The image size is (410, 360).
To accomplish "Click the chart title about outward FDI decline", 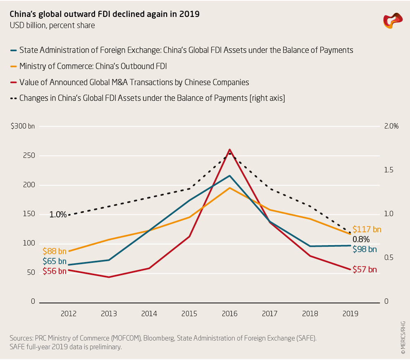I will click(x=105, y=14).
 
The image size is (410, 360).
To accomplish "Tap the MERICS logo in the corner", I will click(x=392, y=21).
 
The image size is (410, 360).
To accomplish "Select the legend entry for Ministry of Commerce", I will click(x=93, y=66).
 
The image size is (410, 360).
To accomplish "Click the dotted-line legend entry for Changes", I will click(x=152, y=98).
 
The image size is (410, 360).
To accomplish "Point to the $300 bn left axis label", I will click(x=23, y=126).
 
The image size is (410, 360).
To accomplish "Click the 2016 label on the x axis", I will click(x=229, y=314).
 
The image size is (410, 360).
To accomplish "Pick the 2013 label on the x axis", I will click(x=109, y=314).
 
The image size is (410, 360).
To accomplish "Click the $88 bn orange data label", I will click(x=55, y=251).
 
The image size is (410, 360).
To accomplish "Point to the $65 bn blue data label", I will click(x=55, y=261).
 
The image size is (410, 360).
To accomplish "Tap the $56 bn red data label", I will click(x=55, y=272).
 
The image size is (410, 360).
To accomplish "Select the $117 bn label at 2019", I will click(x=367, y=229).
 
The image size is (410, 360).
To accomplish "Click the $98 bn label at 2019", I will click(x=365, y=249).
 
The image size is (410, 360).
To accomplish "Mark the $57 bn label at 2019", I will click(x=365, y=270).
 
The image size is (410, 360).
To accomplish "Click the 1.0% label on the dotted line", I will click(x=58, y=215).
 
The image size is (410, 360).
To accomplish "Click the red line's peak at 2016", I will click(x=229, y=150).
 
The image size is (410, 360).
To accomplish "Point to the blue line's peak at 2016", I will click(x=229, y=176).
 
